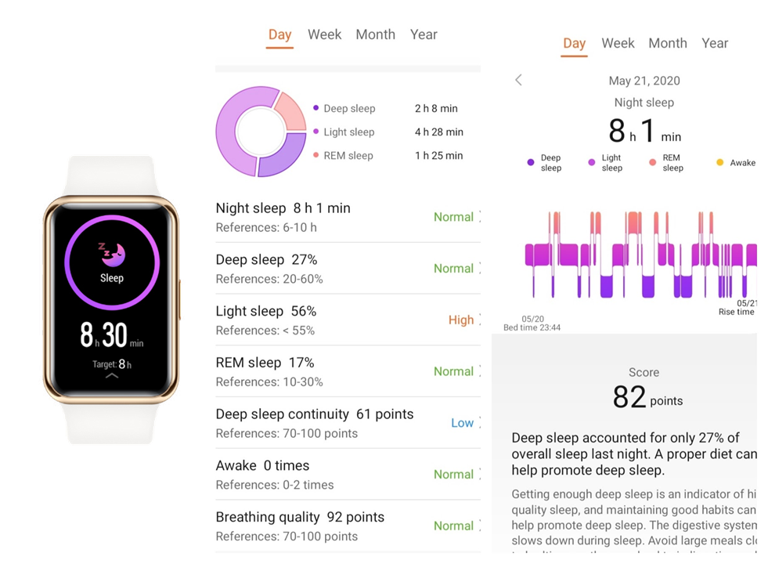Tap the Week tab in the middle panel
click(x=324, y=34)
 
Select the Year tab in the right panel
click(x=714, y=44)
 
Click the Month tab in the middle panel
click(x=375, y=34)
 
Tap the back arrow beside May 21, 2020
click(x=518, y=80)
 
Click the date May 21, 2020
click(x=644, y=81)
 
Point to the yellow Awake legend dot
click(x=719, y=163)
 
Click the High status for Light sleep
click(x=460, y=320)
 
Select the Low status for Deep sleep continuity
click(x=462, y=423)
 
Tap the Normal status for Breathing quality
click(x=453, y=526)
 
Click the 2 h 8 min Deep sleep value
click(x=436, y=109)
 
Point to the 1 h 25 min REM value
click(x=438, y=156)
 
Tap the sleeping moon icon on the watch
click(x=112, y=253)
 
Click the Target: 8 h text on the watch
click(x=111, y=364)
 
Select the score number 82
click(x=629, y=398)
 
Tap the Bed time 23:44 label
click(x=532, y=327)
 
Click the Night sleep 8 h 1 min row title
click(x=283, y=208)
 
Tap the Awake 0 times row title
click(x=262, y=466)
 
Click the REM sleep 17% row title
click(x=265, y=363)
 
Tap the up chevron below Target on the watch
click(x=112, y=376)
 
